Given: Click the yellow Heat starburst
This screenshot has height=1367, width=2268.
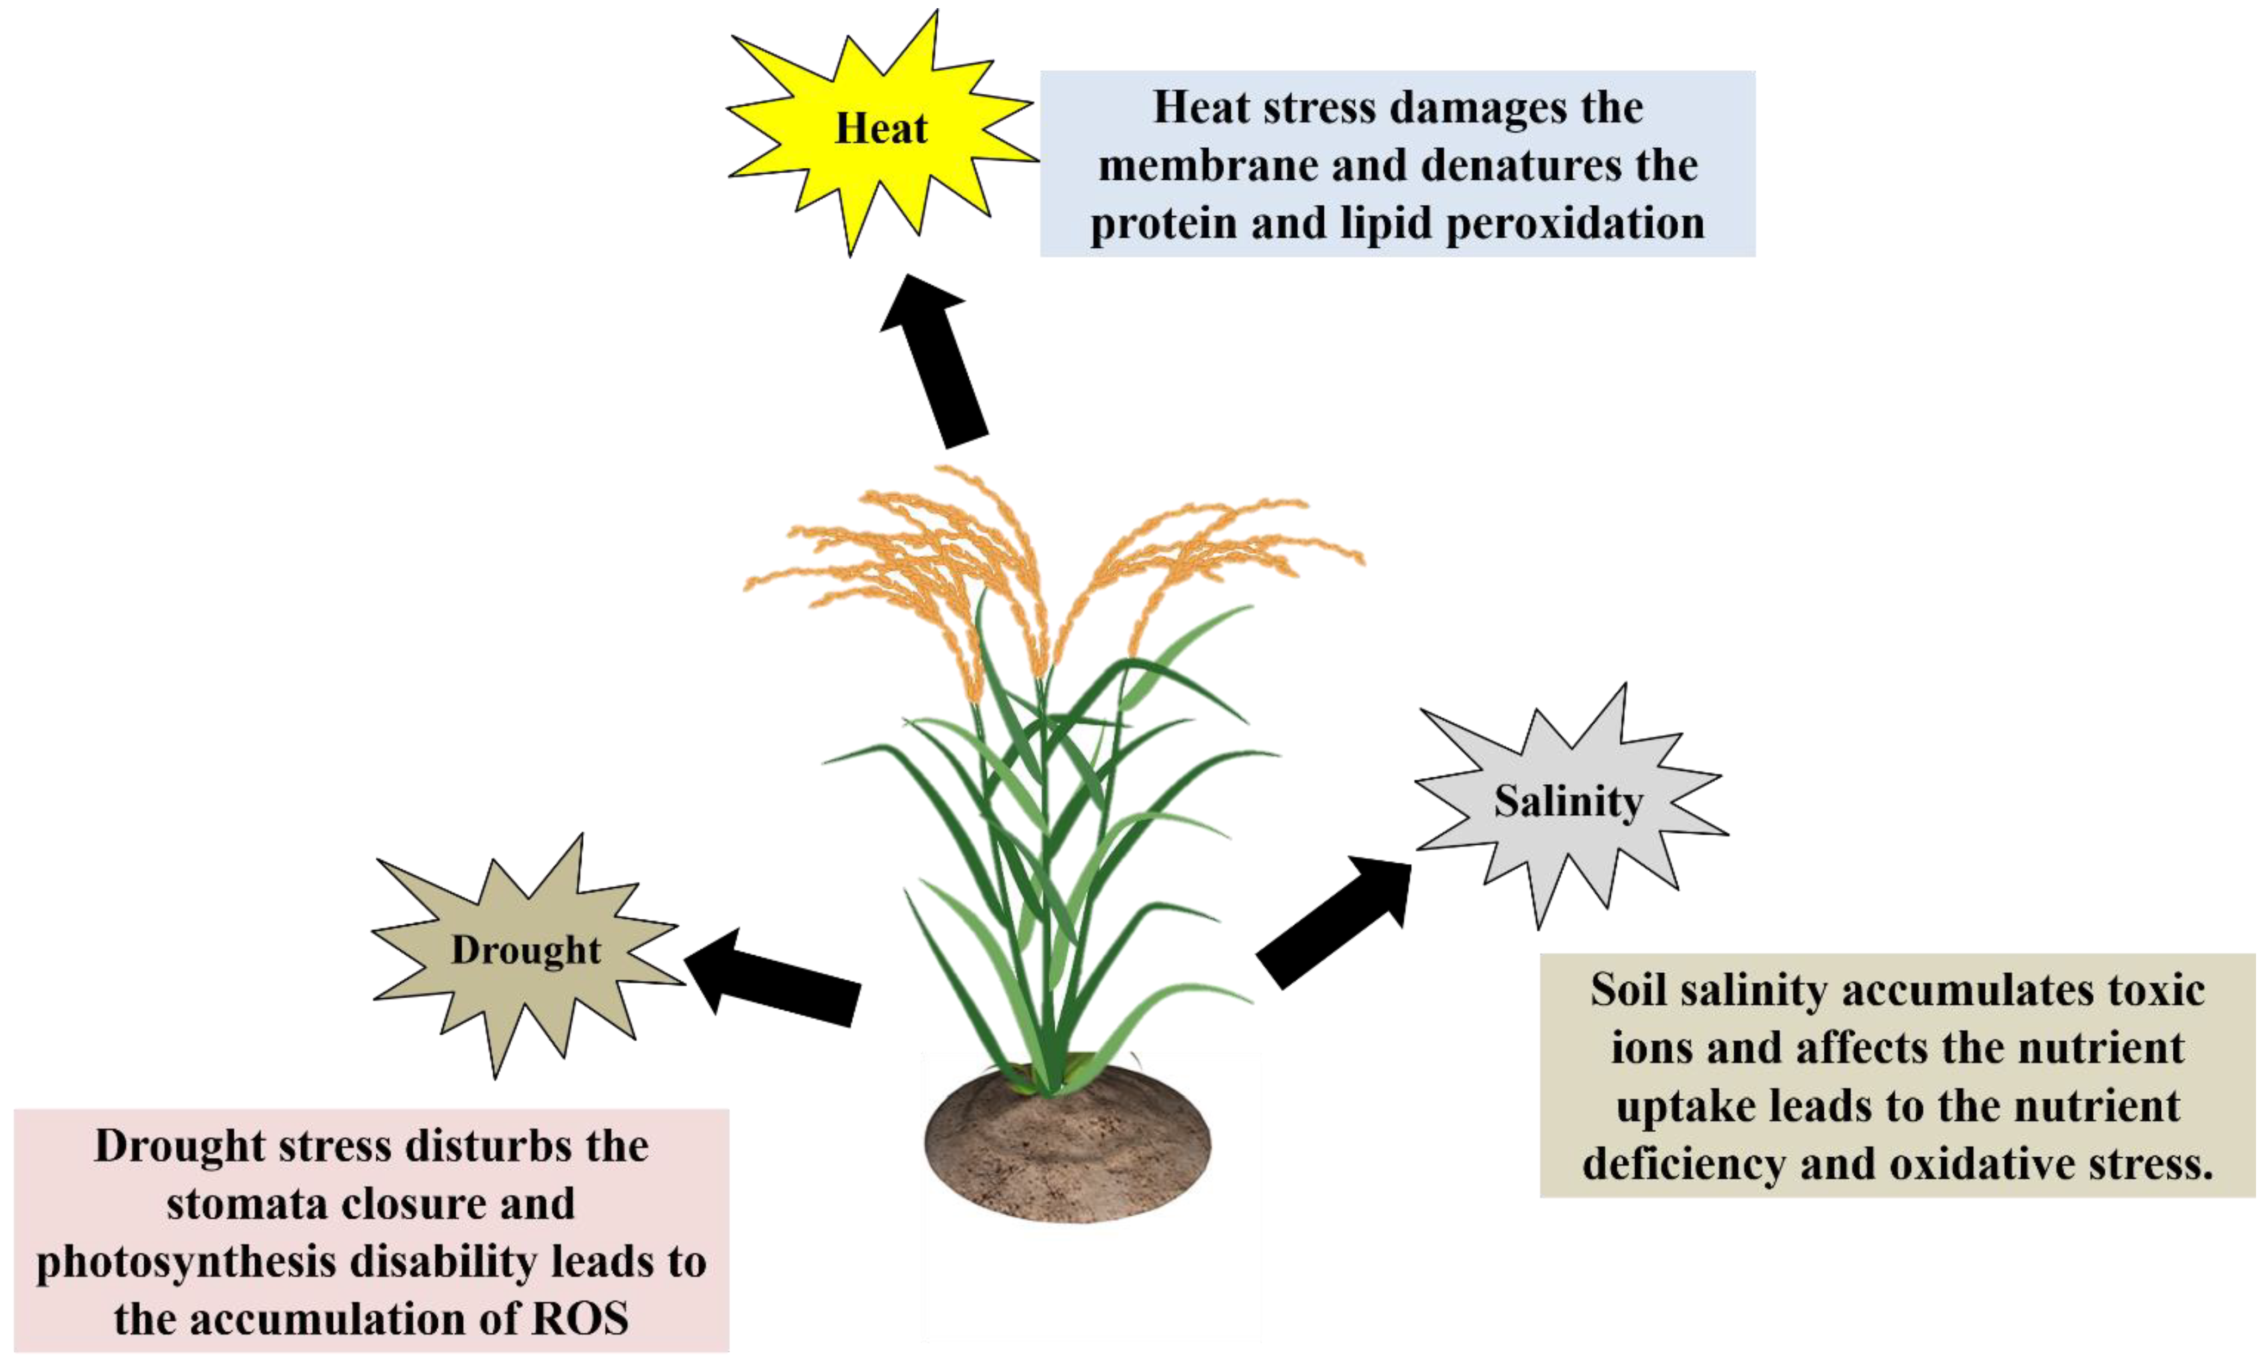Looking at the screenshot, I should pyautogui.click(x=881, y=129).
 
